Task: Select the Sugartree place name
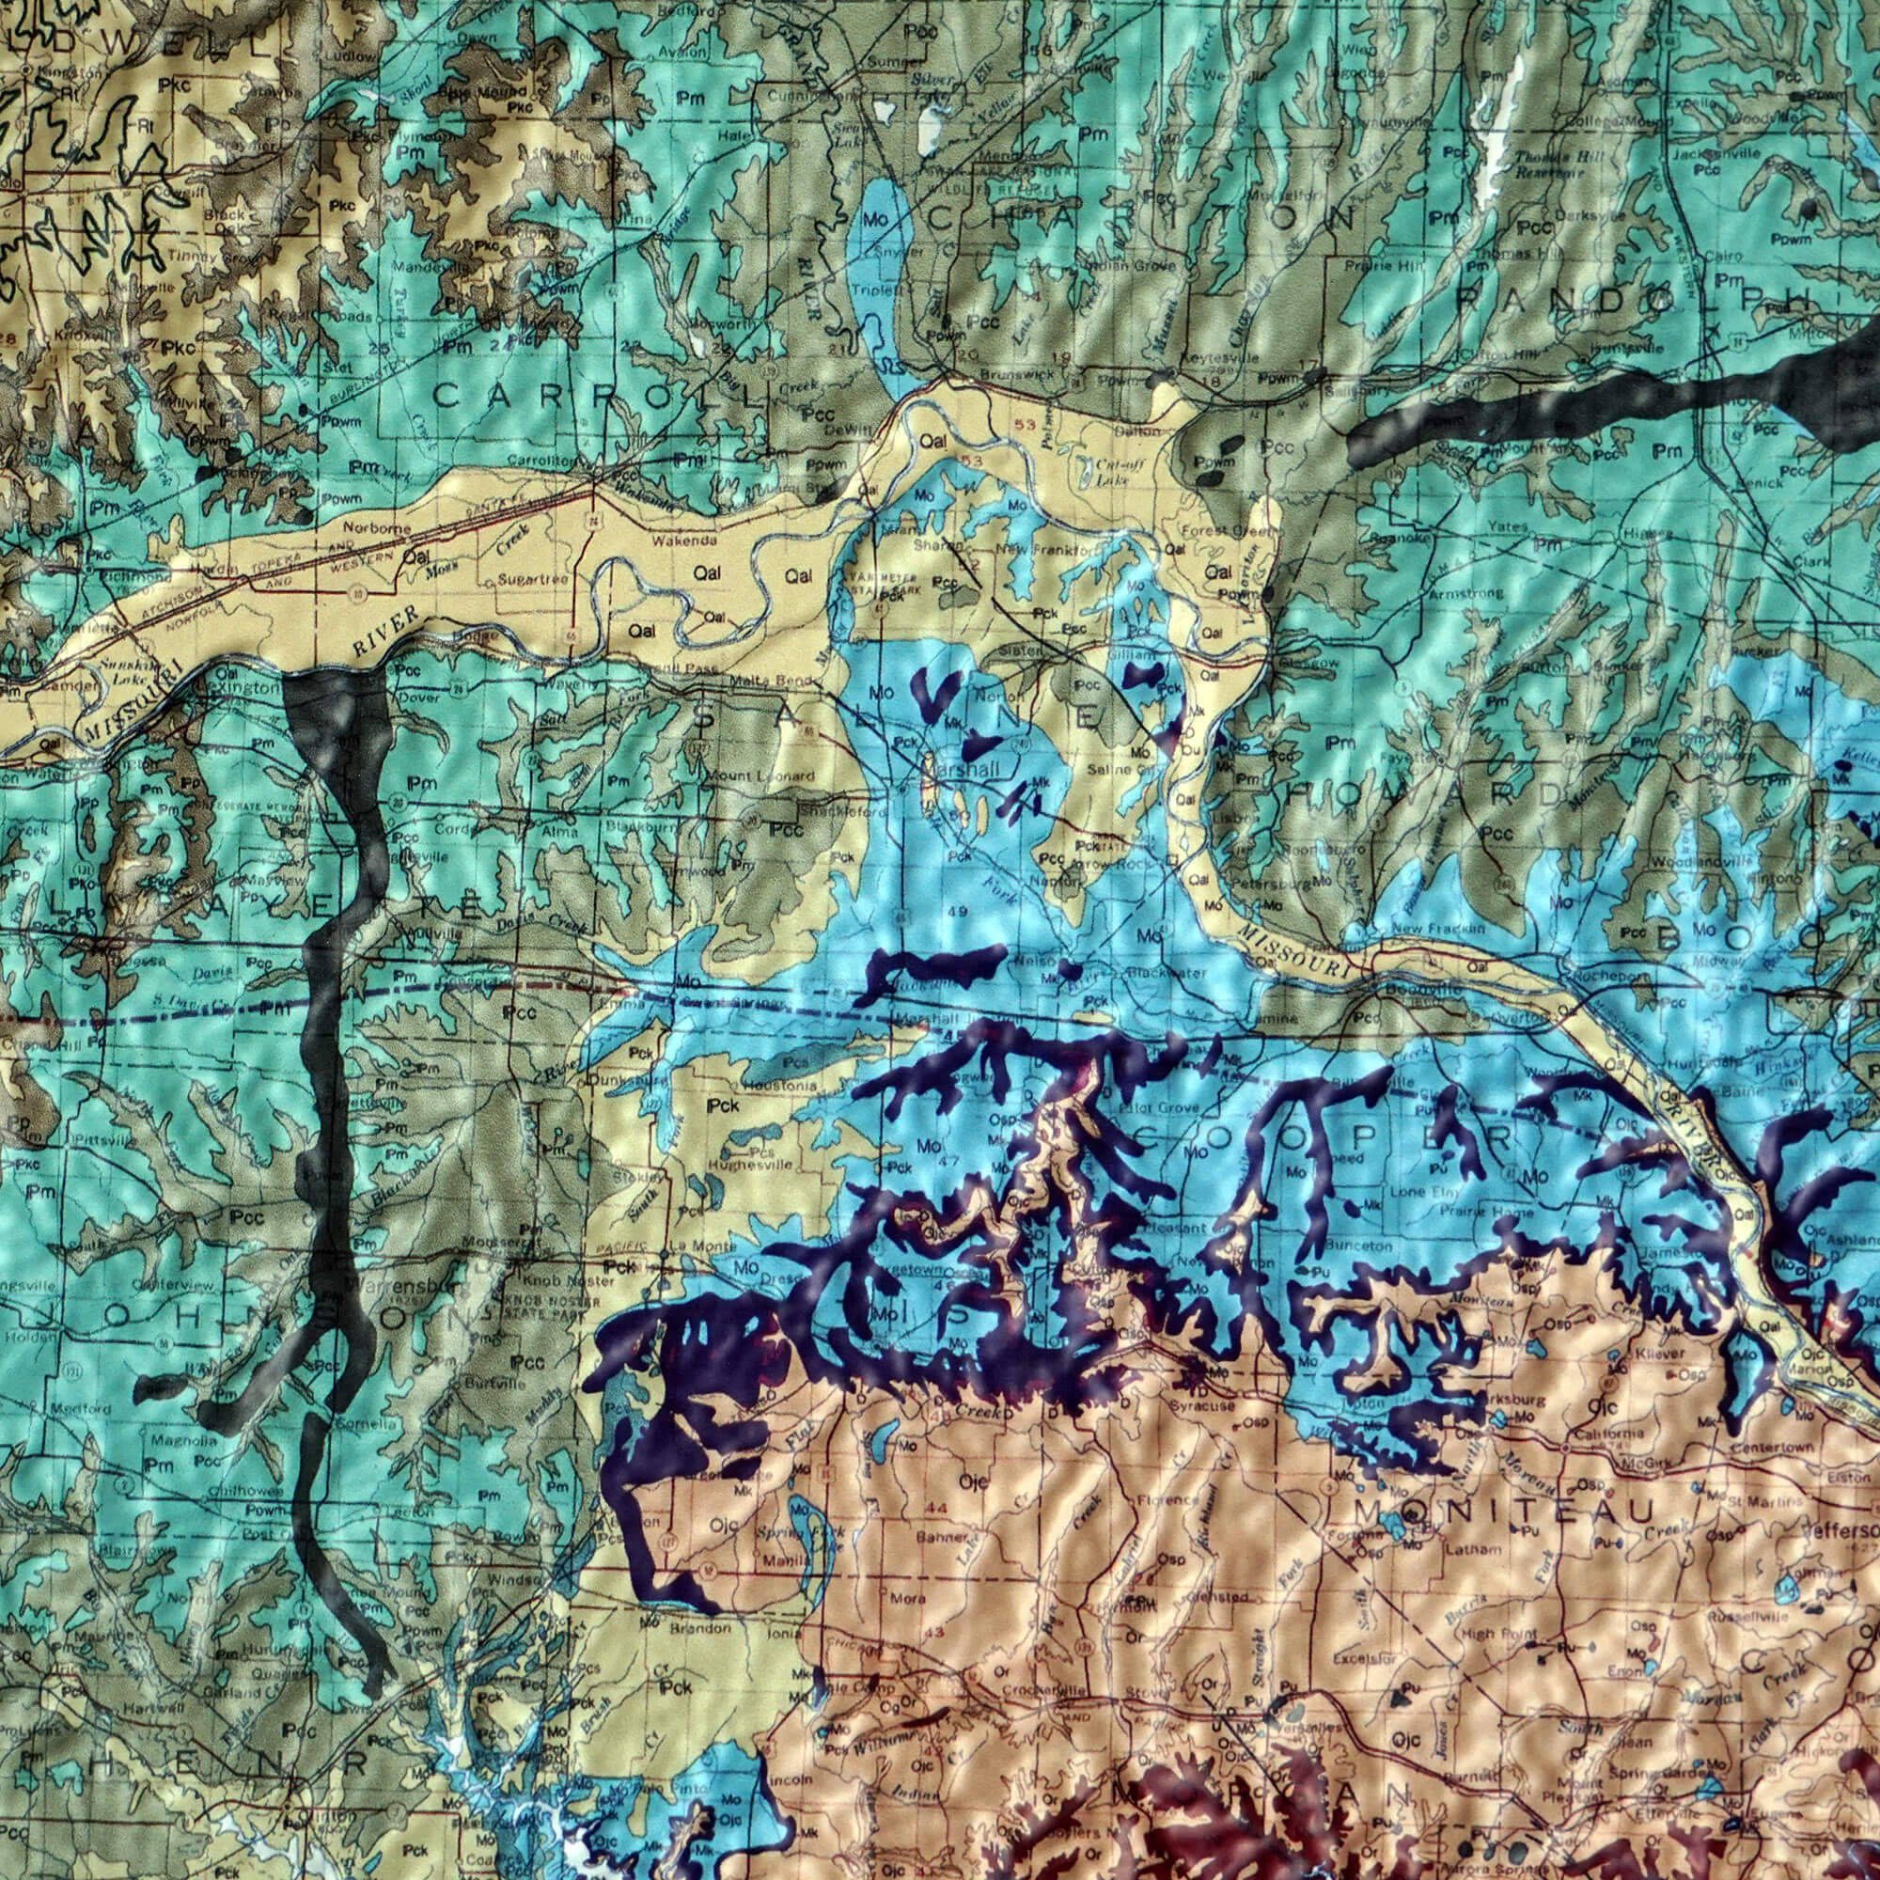(x=526, y=578)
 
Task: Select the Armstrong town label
(x=1466, y=592)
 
